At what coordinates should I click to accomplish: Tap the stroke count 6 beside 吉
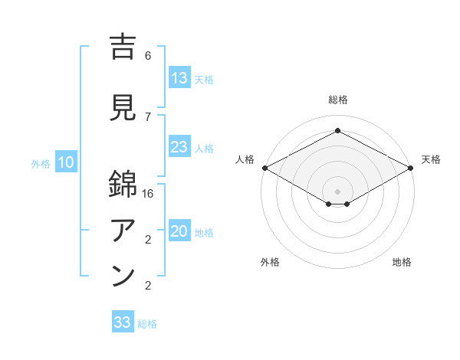(148, 56)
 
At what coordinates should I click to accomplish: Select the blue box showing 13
(179, 77)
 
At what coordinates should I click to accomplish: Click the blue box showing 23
(179, 147)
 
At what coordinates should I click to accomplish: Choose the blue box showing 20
(179, 232)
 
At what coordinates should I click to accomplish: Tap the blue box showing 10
(66, 162)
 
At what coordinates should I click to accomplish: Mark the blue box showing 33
(123, 322)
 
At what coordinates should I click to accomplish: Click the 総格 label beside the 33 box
(147, 324)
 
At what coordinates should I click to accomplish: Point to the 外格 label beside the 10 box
(41, 163)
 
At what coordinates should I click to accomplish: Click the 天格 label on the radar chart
(431, 159)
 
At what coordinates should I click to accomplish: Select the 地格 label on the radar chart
(402, 262)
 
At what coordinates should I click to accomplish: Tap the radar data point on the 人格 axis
(264, 168)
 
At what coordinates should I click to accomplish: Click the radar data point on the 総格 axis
(337, 131)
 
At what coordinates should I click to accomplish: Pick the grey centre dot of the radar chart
(337, 191)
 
